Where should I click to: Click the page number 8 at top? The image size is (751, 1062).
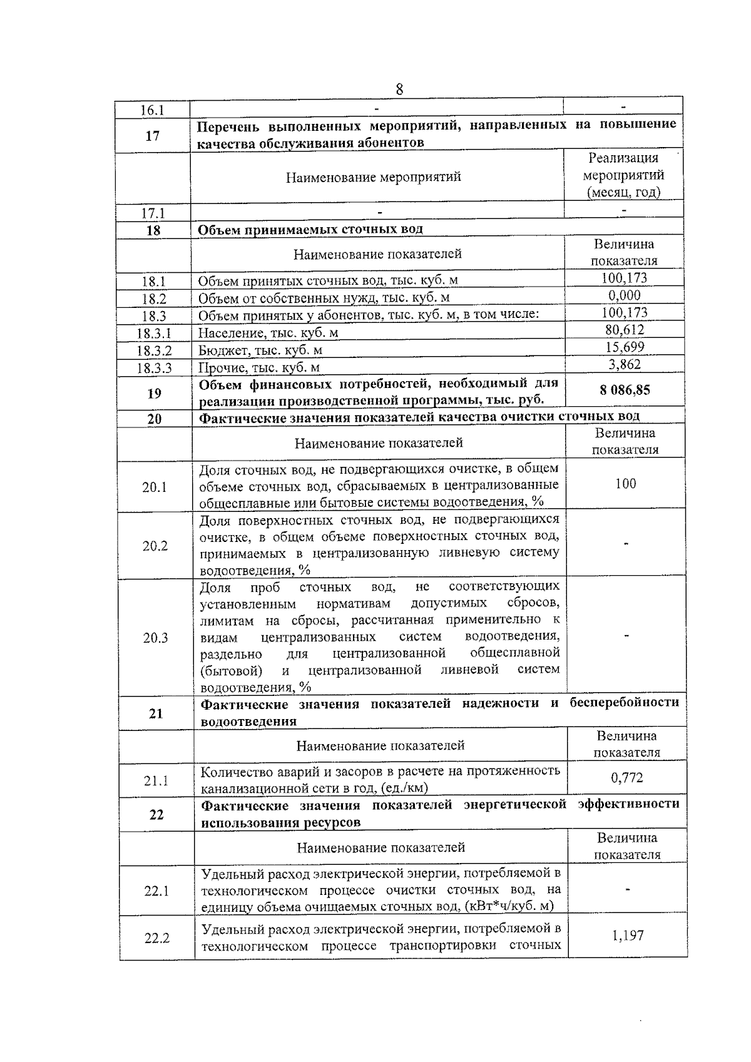pos(399,89)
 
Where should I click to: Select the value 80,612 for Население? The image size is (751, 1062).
pos(625,330)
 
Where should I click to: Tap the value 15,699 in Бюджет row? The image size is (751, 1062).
pos(625,347)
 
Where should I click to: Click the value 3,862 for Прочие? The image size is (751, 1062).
pos(625,365)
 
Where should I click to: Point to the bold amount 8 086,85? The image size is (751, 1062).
pos(625,391)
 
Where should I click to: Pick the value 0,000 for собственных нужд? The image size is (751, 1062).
pos(625,295)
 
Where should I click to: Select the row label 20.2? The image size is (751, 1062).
pos(155,546)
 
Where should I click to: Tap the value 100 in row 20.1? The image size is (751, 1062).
pos(625,484)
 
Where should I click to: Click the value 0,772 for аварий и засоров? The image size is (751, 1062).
pos(626,778)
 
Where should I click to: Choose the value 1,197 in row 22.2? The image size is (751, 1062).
pos(627,936)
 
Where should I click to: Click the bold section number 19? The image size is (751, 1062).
pos(154,394)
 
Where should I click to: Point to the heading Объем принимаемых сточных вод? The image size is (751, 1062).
pos(310,229)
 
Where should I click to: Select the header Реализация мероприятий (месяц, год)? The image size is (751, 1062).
pos(623,175)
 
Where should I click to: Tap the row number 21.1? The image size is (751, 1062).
pos(156,781)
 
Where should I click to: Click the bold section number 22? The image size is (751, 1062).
pos(156,814)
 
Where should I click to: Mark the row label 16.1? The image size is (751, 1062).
pos(151,111)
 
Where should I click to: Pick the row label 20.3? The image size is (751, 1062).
pos(155,638)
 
